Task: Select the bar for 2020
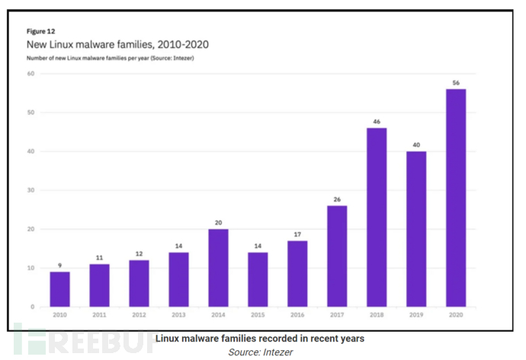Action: (456, 198)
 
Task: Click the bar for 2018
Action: (377, 217)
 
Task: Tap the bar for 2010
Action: (59, 289)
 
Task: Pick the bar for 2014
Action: (218, 268)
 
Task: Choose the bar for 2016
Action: (297, 274)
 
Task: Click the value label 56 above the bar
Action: (456, 82)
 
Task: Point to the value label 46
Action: (377, 121)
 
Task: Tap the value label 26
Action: (337, 199)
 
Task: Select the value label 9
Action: (59, 265)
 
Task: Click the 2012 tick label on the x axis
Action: (139, 313)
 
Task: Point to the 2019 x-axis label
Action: (416, 313)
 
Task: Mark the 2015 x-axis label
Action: (258, 313)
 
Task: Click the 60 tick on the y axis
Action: (31, 74)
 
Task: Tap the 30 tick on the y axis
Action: (31, 191)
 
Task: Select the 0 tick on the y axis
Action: (33, 307)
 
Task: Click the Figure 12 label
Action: (40, 31)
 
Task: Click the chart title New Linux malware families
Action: (117, 45)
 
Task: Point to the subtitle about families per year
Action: (110, 58)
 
